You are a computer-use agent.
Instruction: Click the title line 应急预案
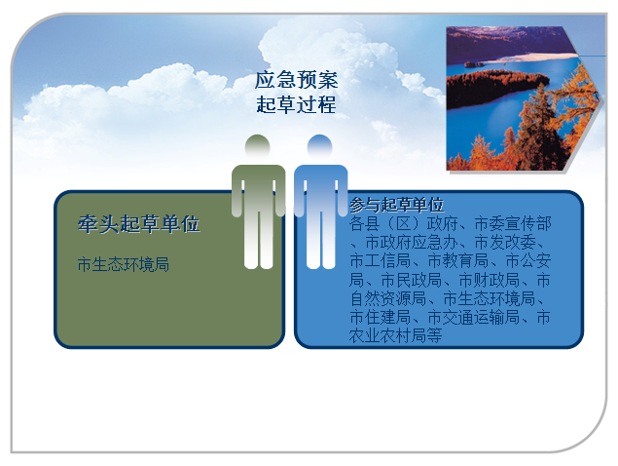[x=297, y=80]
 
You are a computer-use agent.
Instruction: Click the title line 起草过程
[x=297, y=104]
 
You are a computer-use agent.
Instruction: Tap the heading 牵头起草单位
[x=139, y=224]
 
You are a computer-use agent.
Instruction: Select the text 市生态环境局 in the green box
[x=124, y=264]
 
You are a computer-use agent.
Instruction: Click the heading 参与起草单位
[x=396, y=205]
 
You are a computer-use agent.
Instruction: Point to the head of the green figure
[x=257, y=147]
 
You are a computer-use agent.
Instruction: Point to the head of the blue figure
[x=319, y=147]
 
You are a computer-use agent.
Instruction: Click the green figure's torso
[x=258, y=189]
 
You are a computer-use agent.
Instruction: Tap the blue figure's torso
[x=321, y=189]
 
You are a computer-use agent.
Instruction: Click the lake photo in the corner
[x=525, y=98]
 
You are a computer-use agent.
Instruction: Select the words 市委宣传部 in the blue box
[x=513, y=223]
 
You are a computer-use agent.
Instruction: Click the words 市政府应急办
[x=411, y=242]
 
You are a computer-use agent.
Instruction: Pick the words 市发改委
[x=505, y=242]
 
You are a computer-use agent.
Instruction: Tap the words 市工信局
[x=380, y=260]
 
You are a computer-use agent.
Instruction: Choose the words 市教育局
[x=458, y=260]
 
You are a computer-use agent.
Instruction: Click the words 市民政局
[x=411, y=280]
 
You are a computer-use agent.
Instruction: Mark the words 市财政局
[x=490, y=280]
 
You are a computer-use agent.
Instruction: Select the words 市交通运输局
[x=473, y=317]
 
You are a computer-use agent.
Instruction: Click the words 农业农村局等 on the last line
[x=395, y=335]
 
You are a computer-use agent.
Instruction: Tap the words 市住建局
[x=380, y=317]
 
